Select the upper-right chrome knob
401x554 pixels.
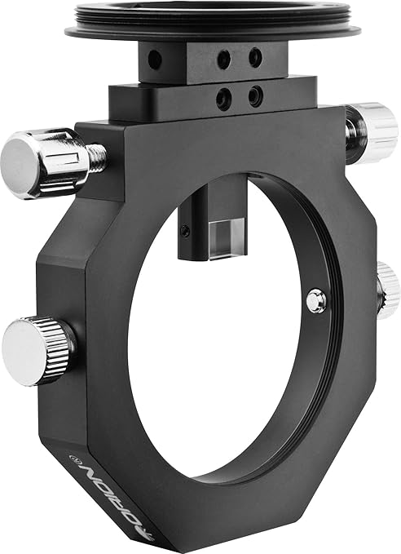coord(373,133)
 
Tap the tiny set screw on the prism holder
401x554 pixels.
coord(186,231)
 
